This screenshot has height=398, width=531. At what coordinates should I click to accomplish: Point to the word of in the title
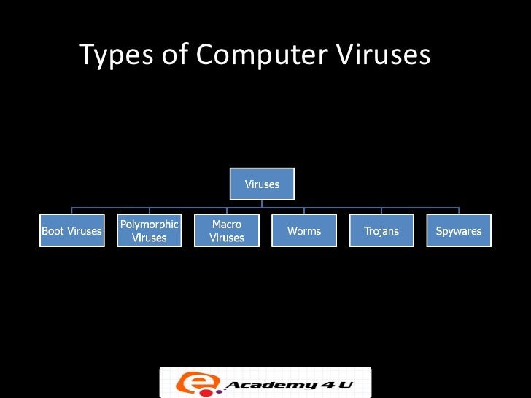[x=171, y=55]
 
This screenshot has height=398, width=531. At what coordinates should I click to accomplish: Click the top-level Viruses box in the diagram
[x=262, y=184]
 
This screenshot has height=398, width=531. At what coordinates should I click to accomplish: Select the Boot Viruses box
[x=71, y=230]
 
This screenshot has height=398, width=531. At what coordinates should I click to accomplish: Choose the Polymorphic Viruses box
[x=149, y=230]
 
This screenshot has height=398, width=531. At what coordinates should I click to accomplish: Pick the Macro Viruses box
[x=227, y=230]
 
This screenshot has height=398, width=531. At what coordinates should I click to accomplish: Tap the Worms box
[x=304, y=230]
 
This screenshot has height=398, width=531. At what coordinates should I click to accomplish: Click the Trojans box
[x=381, y=230]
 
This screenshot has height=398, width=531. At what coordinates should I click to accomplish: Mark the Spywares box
[x=459, y=230]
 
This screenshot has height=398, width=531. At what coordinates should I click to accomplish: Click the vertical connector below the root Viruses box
[x=262, y=203]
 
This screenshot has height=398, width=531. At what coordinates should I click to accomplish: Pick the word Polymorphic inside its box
[x=149, y=225]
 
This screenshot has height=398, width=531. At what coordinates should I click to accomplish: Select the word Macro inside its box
[x=227, y=225]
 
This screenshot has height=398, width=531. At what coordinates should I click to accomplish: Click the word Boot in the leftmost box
[x=53, y=231]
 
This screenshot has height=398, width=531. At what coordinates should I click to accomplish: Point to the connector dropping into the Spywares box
[x=459, y=211]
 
